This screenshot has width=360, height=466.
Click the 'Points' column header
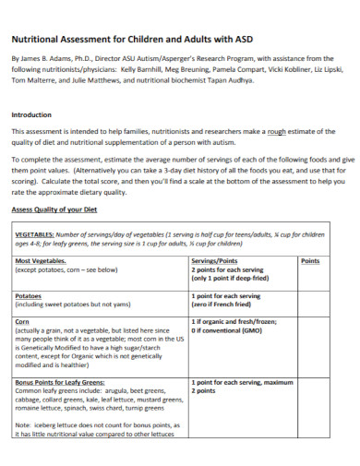(310, 261)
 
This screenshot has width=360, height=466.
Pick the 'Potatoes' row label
(29, 296)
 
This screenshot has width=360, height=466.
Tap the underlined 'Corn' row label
(23, 321)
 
